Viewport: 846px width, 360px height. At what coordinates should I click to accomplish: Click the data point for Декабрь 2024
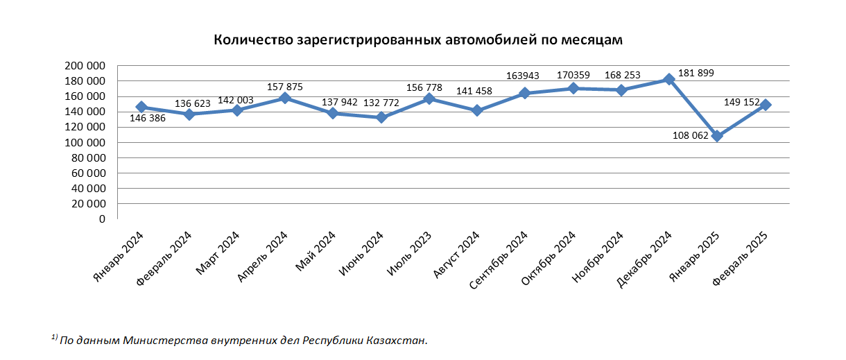click(x=669, y=79)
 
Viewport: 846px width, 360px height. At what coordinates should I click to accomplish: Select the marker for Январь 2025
click(x=717, y=136)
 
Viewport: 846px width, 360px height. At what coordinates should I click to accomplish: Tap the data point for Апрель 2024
click(x=285, y=98)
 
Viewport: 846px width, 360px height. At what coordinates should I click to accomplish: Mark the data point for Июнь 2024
click(x=381, y=117)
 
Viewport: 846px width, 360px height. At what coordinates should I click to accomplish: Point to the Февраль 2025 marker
click(x=766, y=105)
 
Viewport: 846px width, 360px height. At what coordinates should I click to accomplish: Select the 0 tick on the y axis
click(x=101, y=219)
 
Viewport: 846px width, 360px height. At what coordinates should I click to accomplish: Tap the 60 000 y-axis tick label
click(x=87, y=173)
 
